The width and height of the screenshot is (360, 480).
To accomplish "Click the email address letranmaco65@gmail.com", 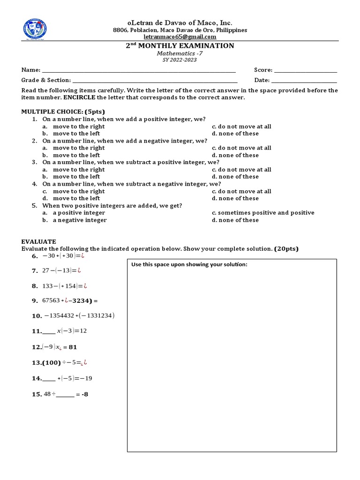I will (180, 37).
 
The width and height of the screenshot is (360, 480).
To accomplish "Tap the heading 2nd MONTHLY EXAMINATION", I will (180, 45).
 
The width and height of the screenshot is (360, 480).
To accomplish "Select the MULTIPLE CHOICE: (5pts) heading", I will (63, 112).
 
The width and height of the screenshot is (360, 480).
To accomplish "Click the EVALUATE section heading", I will (38, 241).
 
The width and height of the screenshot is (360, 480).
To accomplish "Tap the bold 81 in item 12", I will (73, 347).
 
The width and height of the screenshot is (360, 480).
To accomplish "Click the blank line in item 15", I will (65, 395).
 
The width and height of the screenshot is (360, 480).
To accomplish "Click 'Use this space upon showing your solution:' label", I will (189, 265).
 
